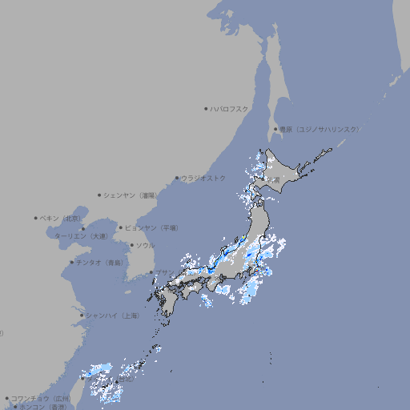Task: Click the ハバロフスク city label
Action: tap(230, 108)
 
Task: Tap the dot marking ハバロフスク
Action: tap(206, 108)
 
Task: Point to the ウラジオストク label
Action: tap(203, 178)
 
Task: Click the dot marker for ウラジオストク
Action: tap(177, 178)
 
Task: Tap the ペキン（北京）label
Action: tap(62, 218)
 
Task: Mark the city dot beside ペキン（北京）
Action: tap(36, 218)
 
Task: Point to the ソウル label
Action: tap(145, 245)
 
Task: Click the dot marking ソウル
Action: tap(131, 245)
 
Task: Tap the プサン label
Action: tap(163, 273)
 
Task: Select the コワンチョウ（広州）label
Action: tap(41, 398)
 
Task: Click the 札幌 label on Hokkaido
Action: tap(273, 179)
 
